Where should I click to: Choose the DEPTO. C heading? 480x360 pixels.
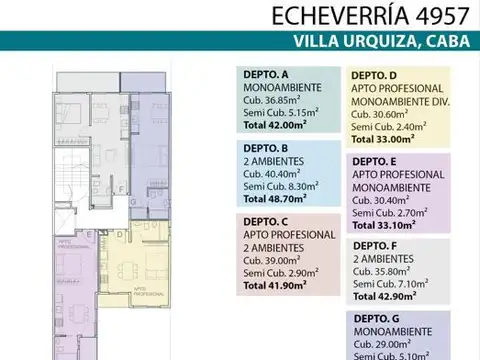click(x=266, y=221)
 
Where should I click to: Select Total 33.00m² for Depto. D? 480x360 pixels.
click(x=384, y=141)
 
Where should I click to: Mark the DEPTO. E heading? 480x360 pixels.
click(x=373, y=160)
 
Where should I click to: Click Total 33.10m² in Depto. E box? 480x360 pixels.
click(x=384, y=226)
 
